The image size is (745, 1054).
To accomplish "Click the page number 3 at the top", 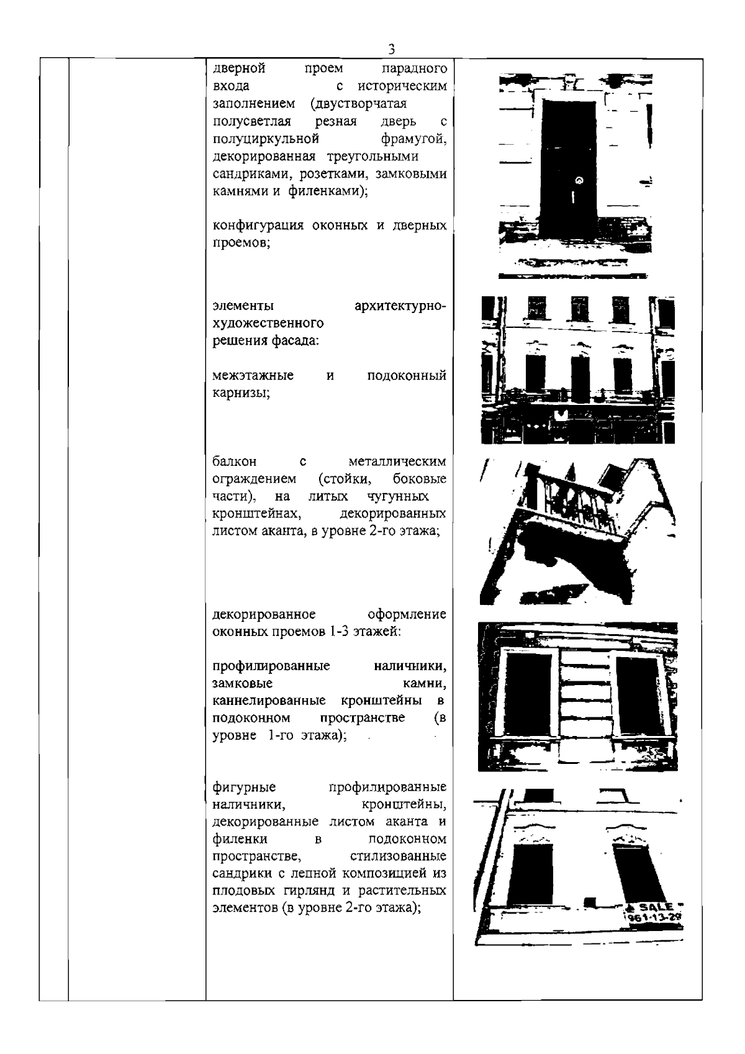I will pyautogui.click(x=391, y=49).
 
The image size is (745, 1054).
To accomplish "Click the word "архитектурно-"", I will pyautogui.click(x=400, y=306).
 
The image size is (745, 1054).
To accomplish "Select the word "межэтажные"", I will pyautogui.click(x=253, y=376).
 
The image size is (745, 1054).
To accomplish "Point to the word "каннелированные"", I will pyautogui.click(x=269, y=701).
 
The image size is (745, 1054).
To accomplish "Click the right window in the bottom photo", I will pyautogui.click(x=633, y=873).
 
